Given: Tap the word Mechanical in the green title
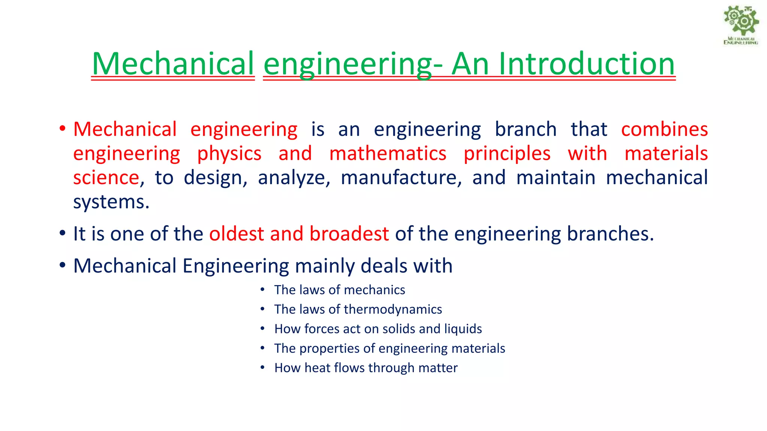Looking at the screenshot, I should click(x=173, y=64).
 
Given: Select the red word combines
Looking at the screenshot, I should click(x=664, y=129).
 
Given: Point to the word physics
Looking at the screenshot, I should click(x=229, y=154).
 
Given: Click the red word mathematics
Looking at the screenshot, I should click(x=388, y=154).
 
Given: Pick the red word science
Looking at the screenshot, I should click(x=106, y=178).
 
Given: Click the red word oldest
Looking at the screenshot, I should click(x=236, y=234).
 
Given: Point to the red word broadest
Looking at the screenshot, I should click(x=349, y=234).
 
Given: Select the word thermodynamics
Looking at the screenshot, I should click(x=392, y=310).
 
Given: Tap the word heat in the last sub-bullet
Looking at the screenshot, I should click(x=317, y=368).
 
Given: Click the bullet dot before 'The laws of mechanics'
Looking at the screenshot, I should click(x=263, y=290).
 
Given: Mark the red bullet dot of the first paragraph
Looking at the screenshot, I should click(x=63, y=129).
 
